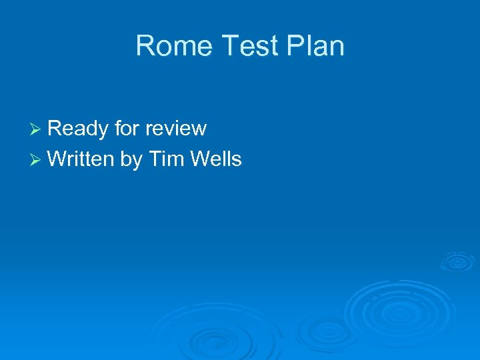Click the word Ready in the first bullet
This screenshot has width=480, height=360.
[77, 129]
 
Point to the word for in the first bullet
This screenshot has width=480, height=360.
[127, 128]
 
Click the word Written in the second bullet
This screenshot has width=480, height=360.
[81, 159]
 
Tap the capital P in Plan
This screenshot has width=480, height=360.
[297, 46]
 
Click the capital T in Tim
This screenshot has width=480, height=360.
[155, 159]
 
